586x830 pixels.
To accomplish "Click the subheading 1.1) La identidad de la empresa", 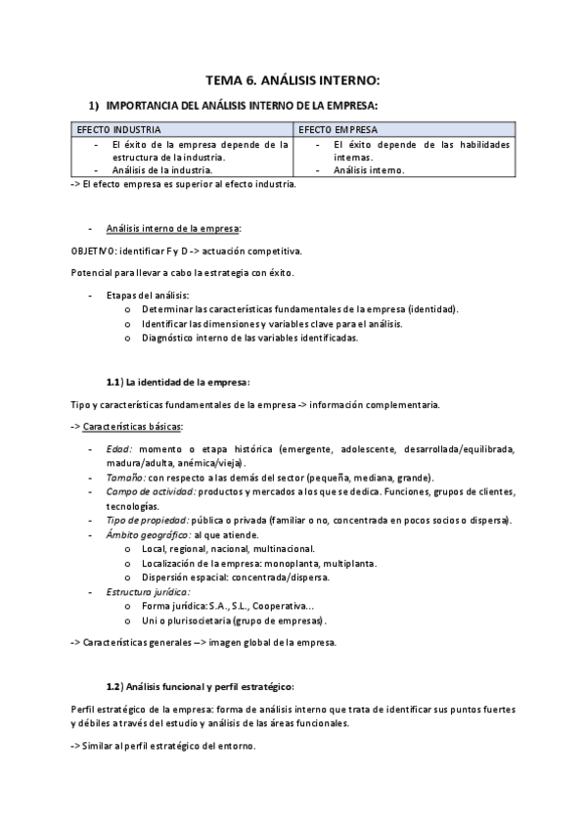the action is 177,381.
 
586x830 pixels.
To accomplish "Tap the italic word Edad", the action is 118,449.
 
